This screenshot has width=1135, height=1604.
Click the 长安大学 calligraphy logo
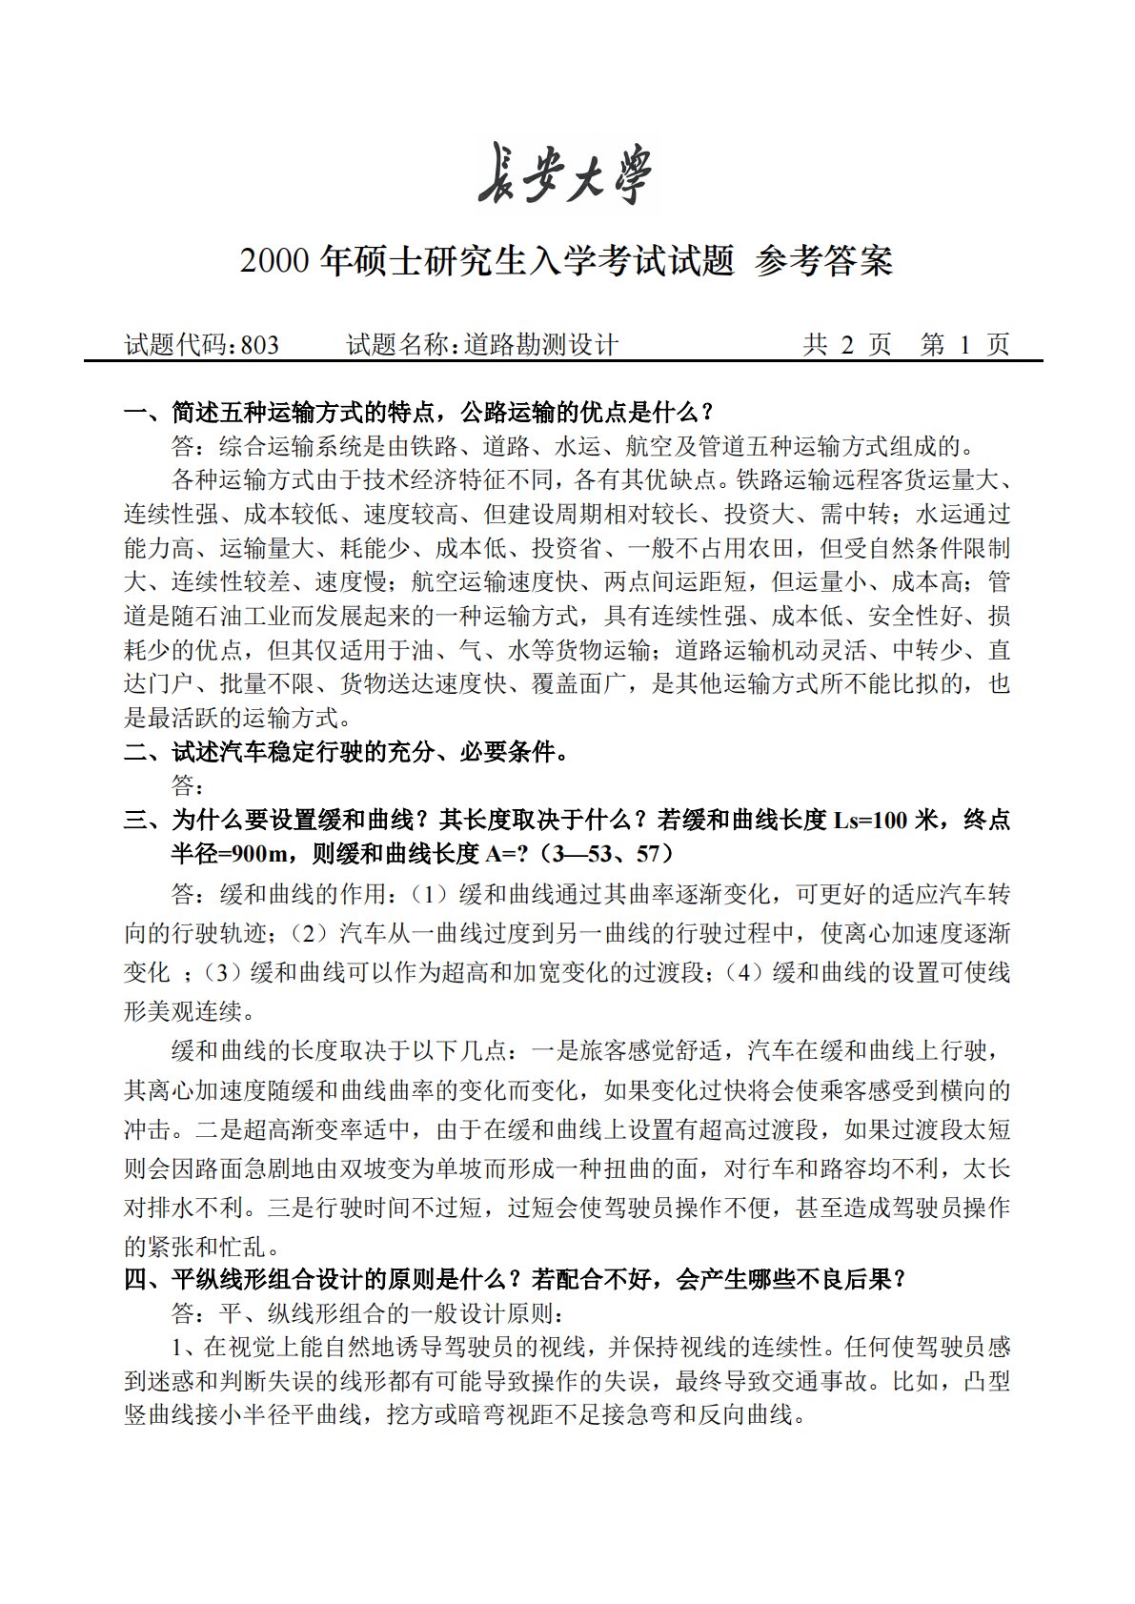click(x=567, y=173)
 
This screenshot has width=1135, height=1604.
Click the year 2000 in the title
click(x=275, y=261)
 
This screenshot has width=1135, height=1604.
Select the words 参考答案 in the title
click(x=823, y=261)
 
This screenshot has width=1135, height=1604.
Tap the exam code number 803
click(x=260, y=345)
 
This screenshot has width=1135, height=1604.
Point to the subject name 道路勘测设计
click(x=541, y=345)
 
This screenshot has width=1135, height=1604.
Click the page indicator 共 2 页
click(x=847, y=345)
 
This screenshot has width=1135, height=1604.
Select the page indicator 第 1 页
click(x=964, y=345)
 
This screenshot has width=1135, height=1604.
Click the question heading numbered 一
click(x=419, y=413)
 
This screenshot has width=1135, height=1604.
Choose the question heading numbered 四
click(x=515, y=1279)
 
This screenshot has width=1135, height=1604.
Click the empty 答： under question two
click(x=187, y=785)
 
